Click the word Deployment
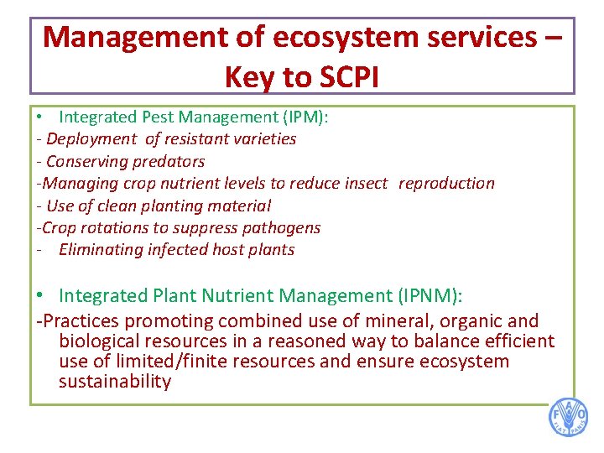(91, 139)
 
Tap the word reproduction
(446, 183)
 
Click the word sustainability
(115, 382)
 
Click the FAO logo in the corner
(569, 417)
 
